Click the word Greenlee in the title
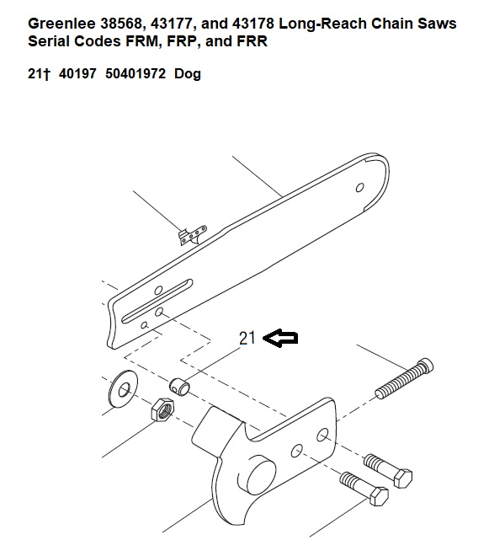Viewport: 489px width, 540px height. (61, 24)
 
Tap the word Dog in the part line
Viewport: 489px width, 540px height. (188, 74)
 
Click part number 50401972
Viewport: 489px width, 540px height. (136, 73)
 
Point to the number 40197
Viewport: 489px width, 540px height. (77, 73)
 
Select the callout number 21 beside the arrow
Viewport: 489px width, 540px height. (247, 338)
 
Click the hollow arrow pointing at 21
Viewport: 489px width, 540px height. (280, 338)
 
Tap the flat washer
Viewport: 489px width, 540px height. (123, 389)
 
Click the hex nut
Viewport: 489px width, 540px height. (162, 409)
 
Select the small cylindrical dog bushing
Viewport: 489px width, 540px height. (179, 387)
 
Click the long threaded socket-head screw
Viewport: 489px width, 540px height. (404, 379)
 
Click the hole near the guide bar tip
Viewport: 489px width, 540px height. (359, 188)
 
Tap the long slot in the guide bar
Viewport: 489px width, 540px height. (157, 301)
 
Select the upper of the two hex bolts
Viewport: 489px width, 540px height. (388, 470)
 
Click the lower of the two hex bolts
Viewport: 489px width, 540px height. (364, 489)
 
